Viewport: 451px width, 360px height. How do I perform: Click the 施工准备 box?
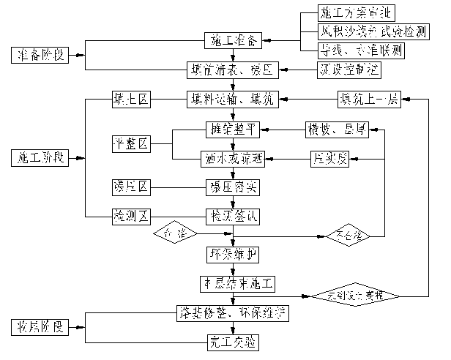click(x=232, y=40)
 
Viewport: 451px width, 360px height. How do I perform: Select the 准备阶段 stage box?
click(x=42, y=56)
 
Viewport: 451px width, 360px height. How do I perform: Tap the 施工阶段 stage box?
click(x=42, y=157)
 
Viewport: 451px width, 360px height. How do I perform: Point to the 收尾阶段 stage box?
click(x=42, y=326)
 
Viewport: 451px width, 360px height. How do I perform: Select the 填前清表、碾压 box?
click(x=232, y=71)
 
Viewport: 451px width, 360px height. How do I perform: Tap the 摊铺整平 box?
click(x=232, y=130)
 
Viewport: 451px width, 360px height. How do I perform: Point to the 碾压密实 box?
click(x=232, y=187)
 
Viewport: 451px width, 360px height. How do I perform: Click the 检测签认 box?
click(x=232, y=216)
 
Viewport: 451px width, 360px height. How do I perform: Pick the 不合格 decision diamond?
click(x=344, y=235)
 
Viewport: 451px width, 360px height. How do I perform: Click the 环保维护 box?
click(x=232, y=254)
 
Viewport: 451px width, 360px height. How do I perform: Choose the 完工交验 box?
click(x=232, y=341)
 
